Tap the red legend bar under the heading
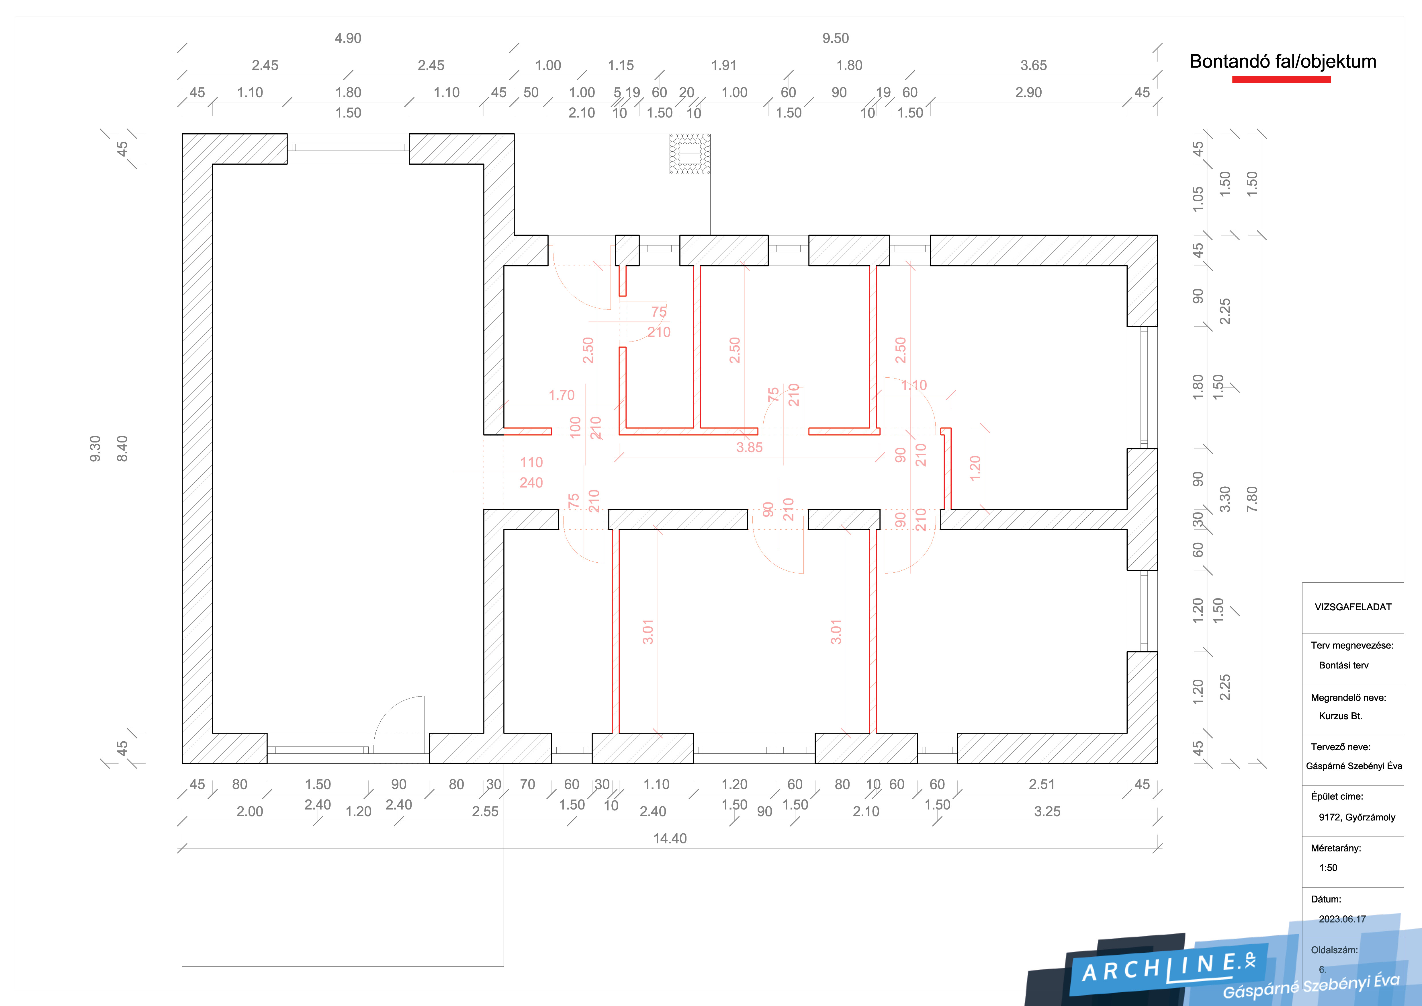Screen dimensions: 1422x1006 coord(1282,79)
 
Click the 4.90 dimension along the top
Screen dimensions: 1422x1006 coord(348,38)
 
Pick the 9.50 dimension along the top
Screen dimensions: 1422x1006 coord(836,38)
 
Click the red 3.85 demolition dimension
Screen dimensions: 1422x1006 coord(749,447)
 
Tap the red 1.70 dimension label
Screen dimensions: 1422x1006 coord(562,395)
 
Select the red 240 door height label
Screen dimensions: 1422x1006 coord(531,483)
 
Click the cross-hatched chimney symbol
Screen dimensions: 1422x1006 coord(690,154)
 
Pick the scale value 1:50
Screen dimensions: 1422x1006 coord(1328,868)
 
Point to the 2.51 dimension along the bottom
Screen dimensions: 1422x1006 coord(1042,784)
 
